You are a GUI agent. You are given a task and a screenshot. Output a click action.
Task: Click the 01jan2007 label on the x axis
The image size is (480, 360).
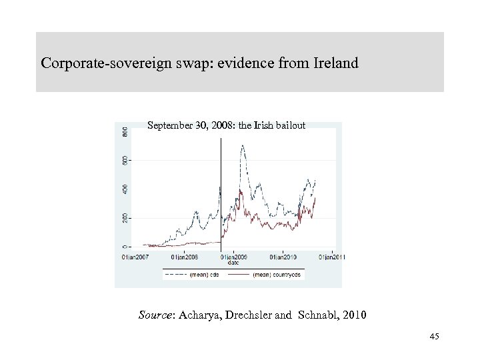point(135,256)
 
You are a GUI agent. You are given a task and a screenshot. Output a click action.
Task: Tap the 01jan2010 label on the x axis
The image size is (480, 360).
point(282,256)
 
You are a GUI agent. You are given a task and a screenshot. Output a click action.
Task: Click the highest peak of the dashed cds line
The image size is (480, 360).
point(241,145)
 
